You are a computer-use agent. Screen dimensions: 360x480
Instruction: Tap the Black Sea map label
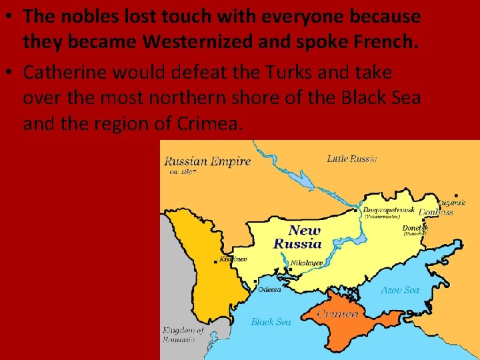coord(271,322)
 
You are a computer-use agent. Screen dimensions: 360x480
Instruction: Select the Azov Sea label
coord(400,290)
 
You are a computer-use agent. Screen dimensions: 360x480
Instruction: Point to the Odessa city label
coord(270,289)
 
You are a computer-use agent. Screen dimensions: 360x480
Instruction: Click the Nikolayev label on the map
coord(307,263)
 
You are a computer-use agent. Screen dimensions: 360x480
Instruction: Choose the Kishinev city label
coord(234,259)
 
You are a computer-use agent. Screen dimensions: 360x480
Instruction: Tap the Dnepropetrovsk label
coord(389,209)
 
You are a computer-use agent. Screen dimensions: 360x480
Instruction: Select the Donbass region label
coord(436,212)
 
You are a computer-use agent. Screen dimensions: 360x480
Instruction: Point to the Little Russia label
coord(352,159)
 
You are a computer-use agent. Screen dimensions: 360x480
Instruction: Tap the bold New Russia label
coord(297,237)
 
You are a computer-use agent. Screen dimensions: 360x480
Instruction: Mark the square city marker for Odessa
coord(256,281)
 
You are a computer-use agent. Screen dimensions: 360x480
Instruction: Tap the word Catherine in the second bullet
coord(61,72)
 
